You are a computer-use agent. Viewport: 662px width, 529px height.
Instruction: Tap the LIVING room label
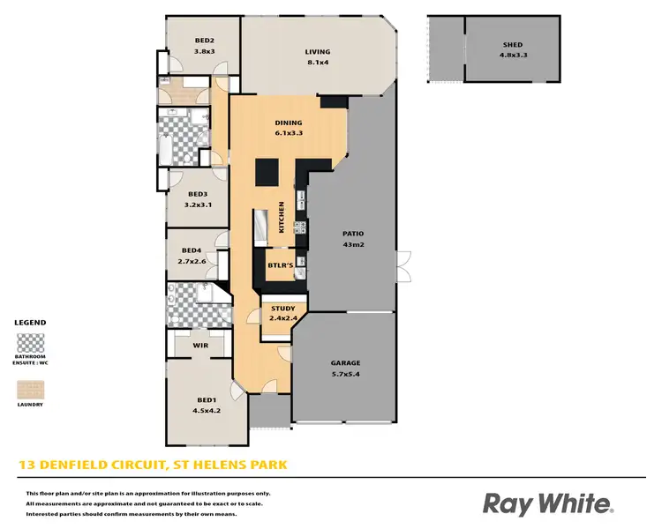(x=318, y=51)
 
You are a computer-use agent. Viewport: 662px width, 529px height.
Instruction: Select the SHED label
(x=513, y=44)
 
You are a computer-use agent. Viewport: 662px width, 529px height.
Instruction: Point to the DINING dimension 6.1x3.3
(x=289, y=134)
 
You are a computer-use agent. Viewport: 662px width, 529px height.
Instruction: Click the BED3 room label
(x=197, y=194)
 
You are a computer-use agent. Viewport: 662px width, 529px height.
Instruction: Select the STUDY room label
(x=283, y=309)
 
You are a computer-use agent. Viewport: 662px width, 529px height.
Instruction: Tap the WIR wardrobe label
(x=199, y=346)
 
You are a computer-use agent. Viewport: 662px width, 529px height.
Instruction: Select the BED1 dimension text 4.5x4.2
(x=205, y=411)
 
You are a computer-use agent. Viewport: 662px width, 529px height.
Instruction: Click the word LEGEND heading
(x=30, y=323)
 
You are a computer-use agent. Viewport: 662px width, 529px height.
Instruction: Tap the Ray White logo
(x=548, y=503)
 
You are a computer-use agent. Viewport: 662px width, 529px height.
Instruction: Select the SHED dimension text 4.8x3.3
(x=513, y=55)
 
